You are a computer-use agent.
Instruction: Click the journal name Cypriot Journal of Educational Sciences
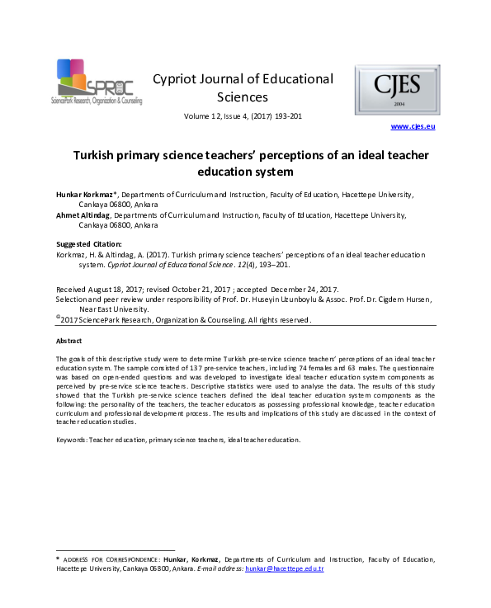click(x=243, y=88)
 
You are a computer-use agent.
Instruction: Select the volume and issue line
click(x=243, y=116)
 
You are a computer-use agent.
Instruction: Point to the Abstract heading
click(x=68, y=341)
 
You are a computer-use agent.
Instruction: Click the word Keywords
click(x=71, y=439)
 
